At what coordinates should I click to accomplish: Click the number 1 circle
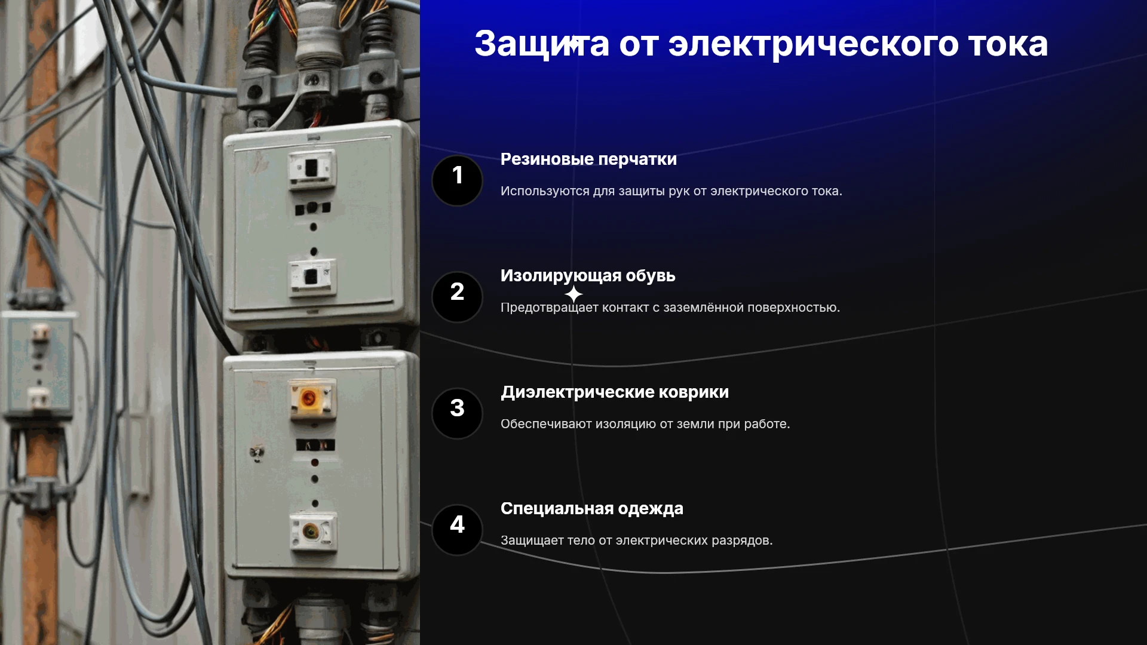pos(457,180)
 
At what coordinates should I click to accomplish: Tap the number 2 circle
pos(457,297)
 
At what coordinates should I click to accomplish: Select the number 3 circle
pos(457,413)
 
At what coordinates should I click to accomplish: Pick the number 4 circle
pos(457,530)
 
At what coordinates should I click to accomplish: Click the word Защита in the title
pos(542,44)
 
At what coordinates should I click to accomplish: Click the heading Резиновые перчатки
pos(588,159)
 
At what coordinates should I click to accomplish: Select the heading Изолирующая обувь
pos(588,276)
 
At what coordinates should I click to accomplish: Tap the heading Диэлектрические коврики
pos(615,392)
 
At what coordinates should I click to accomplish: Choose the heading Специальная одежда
pos(592,509)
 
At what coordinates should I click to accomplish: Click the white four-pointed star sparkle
pos(573,294)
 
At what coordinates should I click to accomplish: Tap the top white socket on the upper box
pos(312,168)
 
